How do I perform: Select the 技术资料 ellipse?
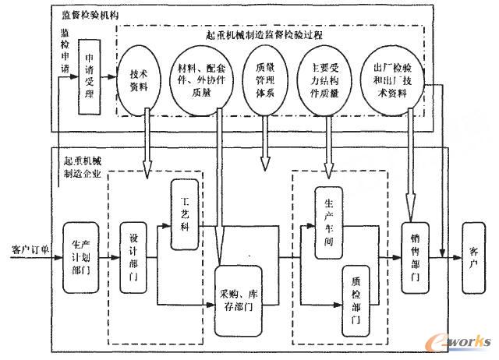click(144, 79)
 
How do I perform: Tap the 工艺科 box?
click(186, 214)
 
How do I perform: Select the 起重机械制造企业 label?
click(86, 168)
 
